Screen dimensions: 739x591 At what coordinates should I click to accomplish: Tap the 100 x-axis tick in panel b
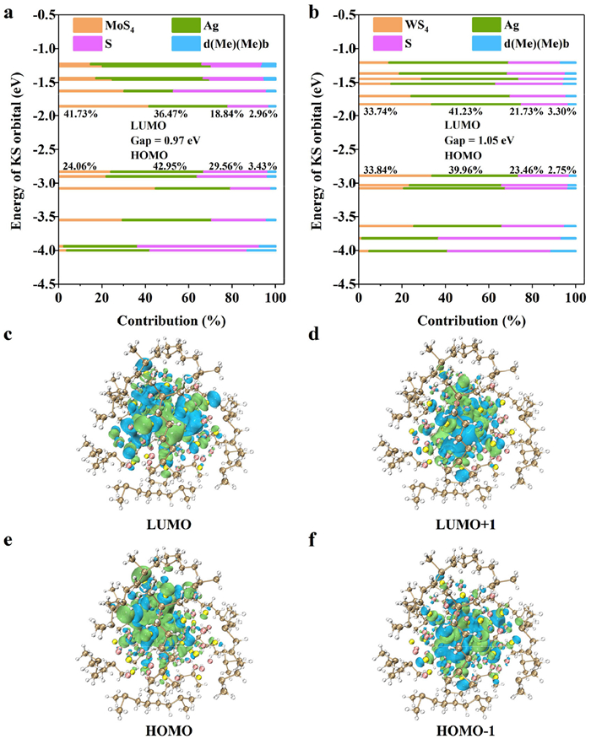(x=576, y=298)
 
